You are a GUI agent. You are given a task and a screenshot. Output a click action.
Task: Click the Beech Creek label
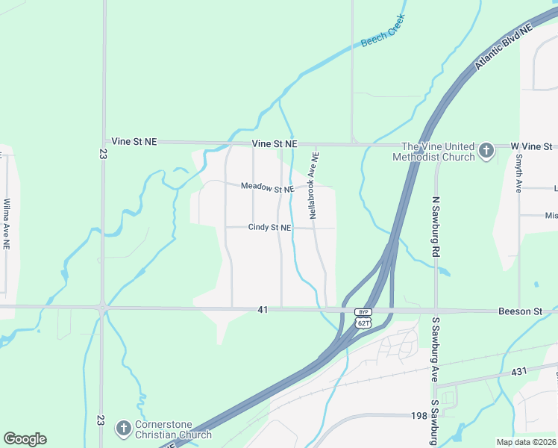[383, 31]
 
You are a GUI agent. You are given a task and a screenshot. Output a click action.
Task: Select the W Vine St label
[531, 146]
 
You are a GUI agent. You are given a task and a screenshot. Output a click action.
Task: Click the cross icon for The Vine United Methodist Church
[486, 152]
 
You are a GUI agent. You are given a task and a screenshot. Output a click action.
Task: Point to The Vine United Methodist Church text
[438, 152]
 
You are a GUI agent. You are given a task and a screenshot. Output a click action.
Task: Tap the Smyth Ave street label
[518, 174]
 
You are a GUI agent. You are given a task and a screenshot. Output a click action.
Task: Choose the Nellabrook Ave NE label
[315, 186]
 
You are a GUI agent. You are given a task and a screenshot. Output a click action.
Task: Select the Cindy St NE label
[269, 227]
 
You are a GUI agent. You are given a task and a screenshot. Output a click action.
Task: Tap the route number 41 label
[262, 308]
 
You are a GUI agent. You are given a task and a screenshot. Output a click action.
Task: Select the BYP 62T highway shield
[363, 317]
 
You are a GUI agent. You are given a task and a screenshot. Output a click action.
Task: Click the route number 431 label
[520, 371]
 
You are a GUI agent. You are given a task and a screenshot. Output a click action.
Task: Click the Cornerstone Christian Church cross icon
[123, 429]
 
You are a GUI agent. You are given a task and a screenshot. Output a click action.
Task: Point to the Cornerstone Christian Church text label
[173, 429]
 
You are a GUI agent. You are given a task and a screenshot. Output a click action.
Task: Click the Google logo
[25, 439]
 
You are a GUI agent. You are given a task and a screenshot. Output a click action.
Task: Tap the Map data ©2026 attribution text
[526, 442]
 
